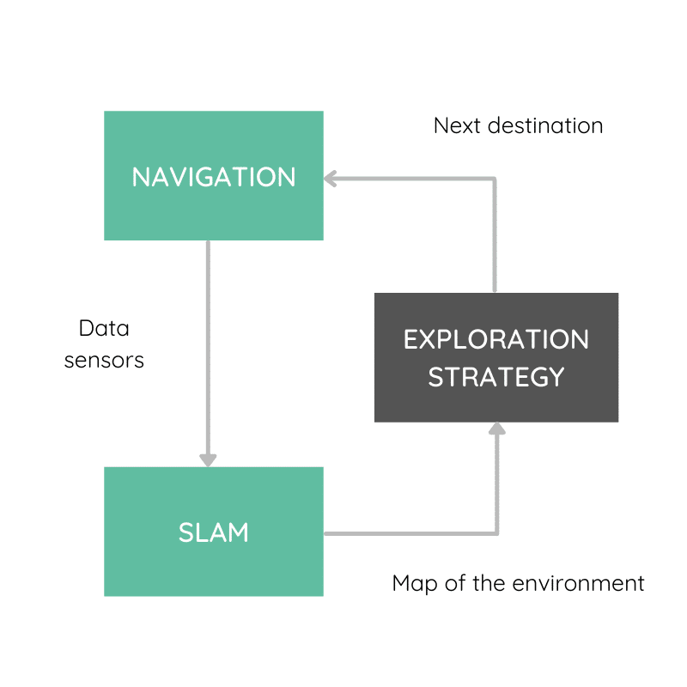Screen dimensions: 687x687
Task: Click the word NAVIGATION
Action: tap(213, 177)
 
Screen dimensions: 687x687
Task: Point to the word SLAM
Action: tap(213, 532)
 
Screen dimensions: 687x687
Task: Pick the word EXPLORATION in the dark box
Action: tap(496, 339)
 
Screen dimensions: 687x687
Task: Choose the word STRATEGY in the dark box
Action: tap(496, 377)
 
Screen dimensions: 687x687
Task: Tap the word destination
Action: tap(545, 125)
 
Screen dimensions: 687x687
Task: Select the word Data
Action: tap(103, 328)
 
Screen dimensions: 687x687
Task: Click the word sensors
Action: tap(104, 360)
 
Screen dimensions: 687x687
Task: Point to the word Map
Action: tap(412, 584)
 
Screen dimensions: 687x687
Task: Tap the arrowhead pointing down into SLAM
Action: tap(207, 459)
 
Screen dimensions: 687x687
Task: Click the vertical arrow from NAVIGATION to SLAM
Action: tap(207, 343)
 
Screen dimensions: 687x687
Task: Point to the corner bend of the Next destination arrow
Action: tap(495, 179)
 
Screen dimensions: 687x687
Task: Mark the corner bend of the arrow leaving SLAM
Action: tap(496, 533)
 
